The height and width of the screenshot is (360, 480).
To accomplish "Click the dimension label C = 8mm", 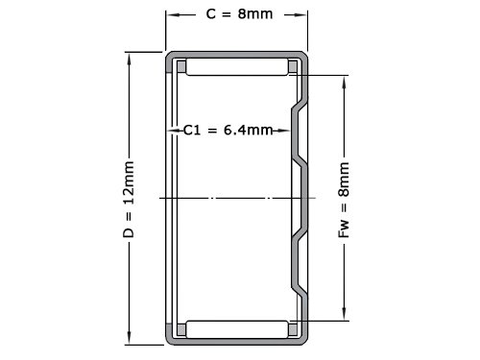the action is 239,14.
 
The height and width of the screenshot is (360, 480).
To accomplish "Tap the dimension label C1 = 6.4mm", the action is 228,131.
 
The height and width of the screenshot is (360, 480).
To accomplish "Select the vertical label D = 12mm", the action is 129,200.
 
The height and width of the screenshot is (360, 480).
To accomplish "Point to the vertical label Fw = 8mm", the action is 344,200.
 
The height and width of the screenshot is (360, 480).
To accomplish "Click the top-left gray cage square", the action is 181,66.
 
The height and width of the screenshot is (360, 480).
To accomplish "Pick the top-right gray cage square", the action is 293,66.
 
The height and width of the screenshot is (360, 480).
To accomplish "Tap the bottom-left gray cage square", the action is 181,329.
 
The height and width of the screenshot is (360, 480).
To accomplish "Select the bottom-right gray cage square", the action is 293,329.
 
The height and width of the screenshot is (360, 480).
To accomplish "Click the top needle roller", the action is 237,67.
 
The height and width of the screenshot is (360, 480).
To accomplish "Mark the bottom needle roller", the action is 237,329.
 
